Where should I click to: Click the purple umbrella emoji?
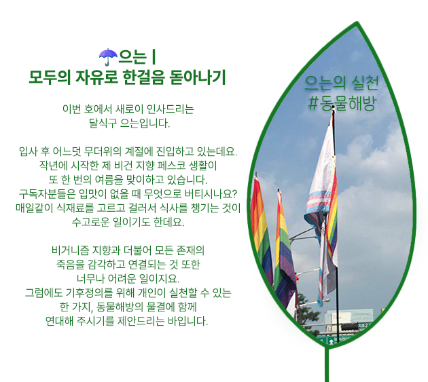click(108, 57)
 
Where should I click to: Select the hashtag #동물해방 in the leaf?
click(342, 103)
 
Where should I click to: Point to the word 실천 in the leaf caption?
click(365, 83)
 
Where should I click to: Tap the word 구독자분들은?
click(47, 193)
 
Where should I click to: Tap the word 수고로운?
click(90, 222)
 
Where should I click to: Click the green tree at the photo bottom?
click(307, 311)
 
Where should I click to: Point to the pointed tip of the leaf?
click(357, 23)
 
